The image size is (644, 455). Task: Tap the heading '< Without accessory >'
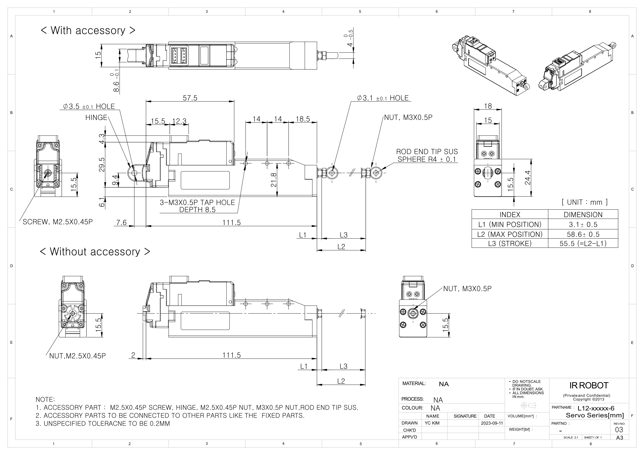click(x=95, y=252)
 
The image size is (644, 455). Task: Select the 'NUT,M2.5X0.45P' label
click(x=77, y=356)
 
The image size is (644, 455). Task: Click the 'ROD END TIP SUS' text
click(x=427, y=152)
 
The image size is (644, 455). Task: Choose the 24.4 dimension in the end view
click(x=528, y=178)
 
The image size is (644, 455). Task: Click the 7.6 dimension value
click(x=122, y=222)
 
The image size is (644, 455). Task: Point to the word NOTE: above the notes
click(x=45, y=399)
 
